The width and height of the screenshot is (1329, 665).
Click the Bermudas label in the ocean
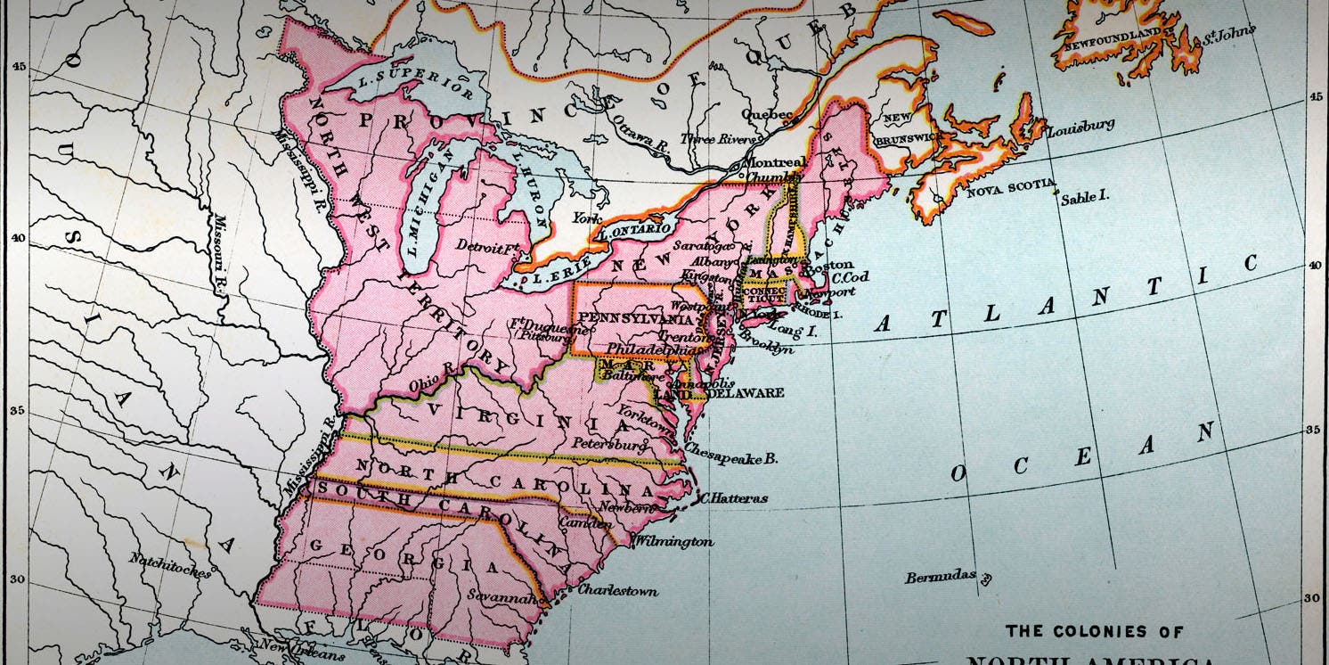tap(940, 577)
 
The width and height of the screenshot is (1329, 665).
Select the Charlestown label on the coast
tap(617, 590)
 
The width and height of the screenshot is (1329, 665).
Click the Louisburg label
tap(1080, 128)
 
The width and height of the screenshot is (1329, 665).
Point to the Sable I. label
tap(1084, 198)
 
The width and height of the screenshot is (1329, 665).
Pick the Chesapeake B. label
tap(731, 459)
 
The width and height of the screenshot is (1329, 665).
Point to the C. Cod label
tap(850, 277)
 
